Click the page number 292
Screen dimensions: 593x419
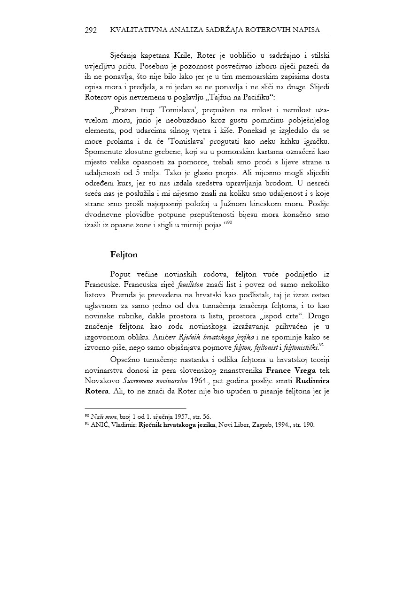(91, 30)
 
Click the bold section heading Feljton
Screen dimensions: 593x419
(124, 254)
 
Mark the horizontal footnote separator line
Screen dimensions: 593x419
(135, 408)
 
